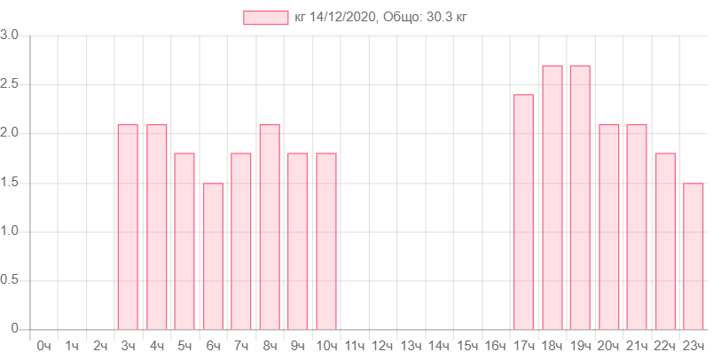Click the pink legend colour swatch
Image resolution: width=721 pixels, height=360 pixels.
pos(265,18)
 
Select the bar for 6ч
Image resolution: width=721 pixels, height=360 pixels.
pos(213,255)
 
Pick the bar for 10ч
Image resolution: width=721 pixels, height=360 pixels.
pos(326,240)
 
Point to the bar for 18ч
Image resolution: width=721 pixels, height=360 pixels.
pos(552,197)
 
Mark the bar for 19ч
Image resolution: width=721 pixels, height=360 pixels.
pos(580,197)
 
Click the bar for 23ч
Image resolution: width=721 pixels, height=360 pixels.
pos(694,255)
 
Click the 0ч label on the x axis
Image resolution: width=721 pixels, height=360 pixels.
pos(43,345)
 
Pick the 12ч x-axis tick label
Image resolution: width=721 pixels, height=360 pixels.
pos(382,345)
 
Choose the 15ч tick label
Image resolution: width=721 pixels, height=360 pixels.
pos(466,345)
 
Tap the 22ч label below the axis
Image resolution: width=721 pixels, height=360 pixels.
pos(665,345)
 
